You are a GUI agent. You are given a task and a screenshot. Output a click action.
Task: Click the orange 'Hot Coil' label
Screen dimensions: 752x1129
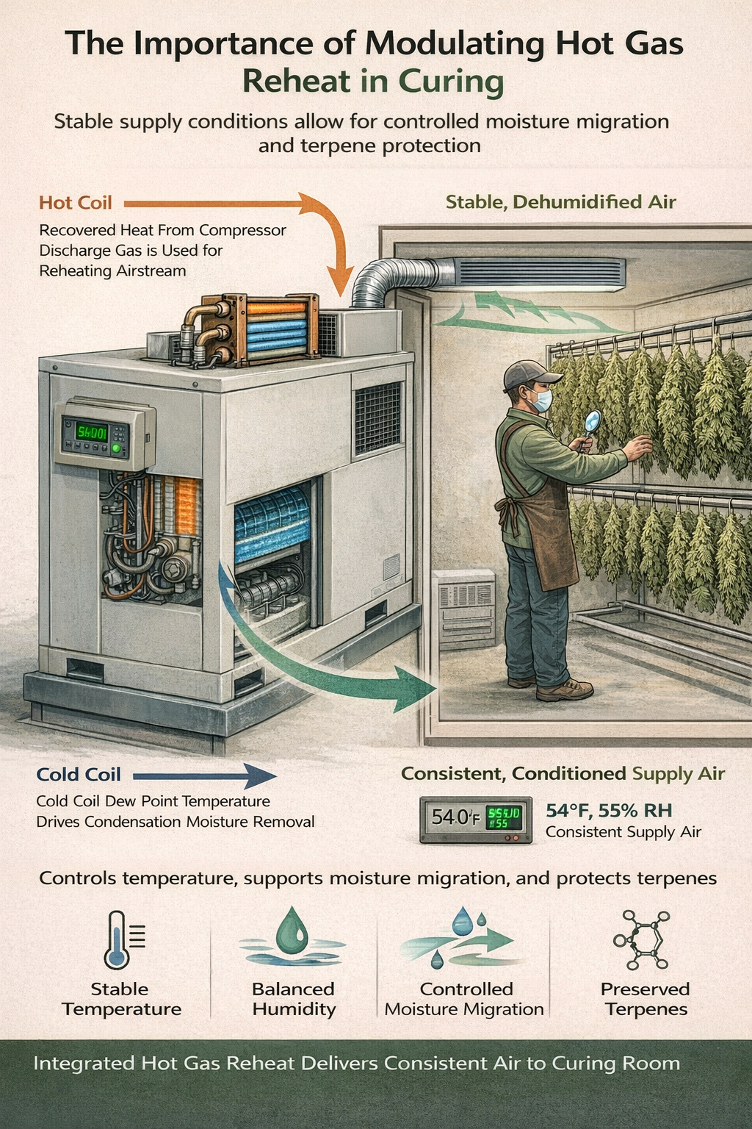tap(76, 203)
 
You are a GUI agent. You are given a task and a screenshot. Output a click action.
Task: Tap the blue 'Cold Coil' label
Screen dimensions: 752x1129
tap(79, 775)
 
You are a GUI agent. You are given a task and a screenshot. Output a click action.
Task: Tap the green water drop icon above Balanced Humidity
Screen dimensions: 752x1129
tap(292, 936)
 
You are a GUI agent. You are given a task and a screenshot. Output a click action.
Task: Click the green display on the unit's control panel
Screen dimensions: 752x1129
tap(91, 431)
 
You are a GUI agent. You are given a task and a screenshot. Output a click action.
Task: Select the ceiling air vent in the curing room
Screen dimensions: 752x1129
tap(540, 274)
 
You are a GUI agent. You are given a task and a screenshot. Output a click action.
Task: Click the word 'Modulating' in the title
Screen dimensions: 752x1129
tap(458, 44)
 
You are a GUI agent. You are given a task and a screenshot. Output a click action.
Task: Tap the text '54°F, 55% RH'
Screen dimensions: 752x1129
tap(609, 811)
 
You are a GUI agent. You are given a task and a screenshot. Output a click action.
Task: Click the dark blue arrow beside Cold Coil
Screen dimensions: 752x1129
tap(205, 775)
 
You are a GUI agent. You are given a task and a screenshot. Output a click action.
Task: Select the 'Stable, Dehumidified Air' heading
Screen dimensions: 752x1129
tap(560, 202)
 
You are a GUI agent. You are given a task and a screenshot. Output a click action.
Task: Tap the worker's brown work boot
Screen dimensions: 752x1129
tap(565, 689)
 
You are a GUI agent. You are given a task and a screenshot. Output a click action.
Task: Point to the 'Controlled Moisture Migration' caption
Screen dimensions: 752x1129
tap(464, 999)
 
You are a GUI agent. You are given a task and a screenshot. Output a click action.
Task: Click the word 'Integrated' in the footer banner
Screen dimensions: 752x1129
tap(84, 1064)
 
